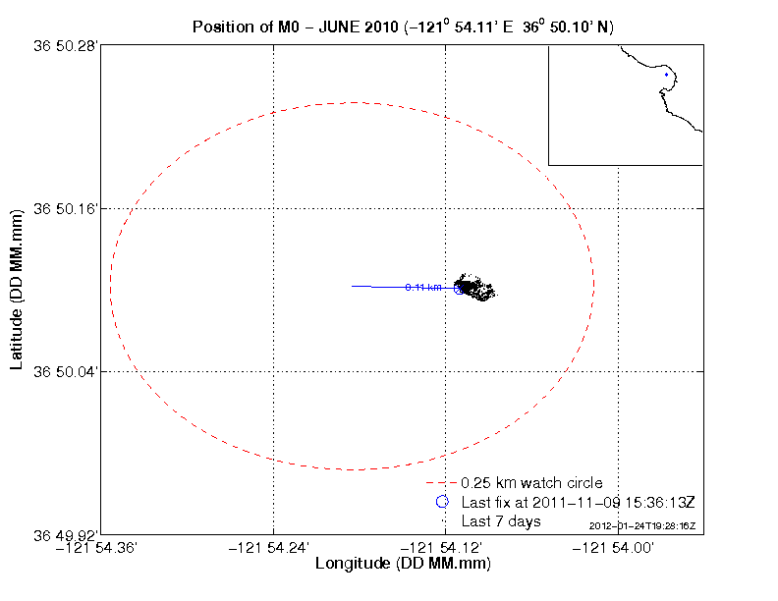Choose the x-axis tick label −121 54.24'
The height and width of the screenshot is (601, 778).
click(273, 549)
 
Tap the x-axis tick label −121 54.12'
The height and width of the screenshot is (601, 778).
click(446, 549)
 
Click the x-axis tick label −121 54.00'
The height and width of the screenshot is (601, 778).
click(618, 549)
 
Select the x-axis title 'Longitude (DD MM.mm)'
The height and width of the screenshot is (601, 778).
click(403, 565)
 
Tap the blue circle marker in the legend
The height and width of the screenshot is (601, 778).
click(442, 502)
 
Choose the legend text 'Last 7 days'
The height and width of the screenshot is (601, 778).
click(501, 520)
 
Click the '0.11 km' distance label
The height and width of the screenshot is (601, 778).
click(422, 287)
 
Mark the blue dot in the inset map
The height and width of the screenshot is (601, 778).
click(666, 74)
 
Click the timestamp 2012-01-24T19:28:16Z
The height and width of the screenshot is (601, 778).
click(642, 526)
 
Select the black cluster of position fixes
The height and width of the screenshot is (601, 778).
click(477, 288)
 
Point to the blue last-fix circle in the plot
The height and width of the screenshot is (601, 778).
click(459, 288)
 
